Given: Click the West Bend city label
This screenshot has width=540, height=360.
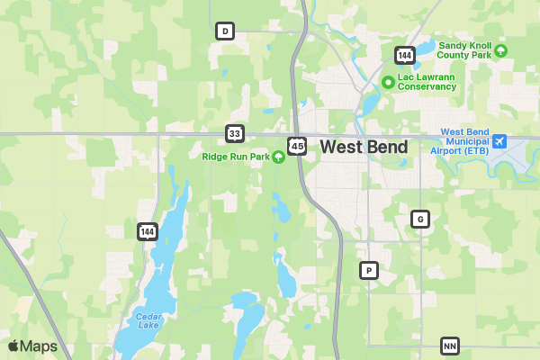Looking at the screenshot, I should point(364,147).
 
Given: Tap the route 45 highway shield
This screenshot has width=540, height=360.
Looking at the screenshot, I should point(297,146).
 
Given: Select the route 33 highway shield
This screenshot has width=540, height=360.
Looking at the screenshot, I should point(235,134).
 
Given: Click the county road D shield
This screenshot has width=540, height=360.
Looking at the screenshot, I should point(225,31).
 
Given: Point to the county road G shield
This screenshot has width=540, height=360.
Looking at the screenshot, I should point(419,219).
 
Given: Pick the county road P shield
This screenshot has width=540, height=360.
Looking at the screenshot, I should point(368,270).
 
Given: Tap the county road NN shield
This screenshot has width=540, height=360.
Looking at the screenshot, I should point(450,346).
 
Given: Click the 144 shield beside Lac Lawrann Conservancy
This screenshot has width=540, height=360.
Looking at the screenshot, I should point(404,56).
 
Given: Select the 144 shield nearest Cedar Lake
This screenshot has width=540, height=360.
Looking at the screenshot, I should point(148,231).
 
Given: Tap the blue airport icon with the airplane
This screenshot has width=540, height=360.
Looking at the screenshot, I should point(499,141).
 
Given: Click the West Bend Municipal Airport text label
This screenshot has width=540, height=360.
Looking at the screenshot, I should point(464,141).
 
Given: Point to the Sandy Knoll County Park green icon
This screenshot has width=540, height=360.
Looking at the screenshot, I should point(501,50).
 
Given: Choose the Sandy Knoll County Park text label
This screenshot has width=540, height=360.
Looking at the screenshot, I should point(464,50).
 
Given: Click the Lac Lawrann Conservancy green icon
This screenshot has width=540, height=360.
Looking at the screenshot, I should point(388,82).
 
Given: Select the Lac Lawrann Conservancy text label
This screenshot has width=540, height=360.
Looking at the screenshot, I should point(427,82).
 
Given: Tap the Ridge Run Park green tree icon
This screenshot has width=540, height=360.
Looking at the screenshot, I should point(279,157).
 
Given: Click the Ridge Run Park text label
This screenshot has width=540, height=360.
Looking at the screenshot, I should point(235,157).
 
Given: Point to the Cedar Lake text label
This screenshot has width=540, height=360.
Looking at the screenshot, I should point(148,320).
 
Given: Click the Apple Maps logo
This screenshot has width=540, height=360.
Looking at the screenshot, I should point(32,346).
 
